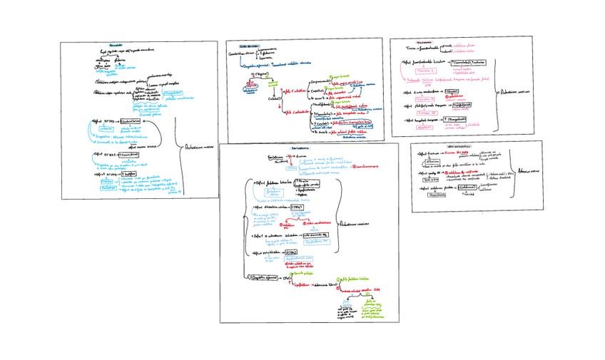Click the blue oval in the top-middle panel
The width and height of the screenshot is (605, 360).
(249, 86)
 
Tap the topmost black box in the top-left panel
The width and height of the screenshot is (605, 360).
(136, 121)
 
